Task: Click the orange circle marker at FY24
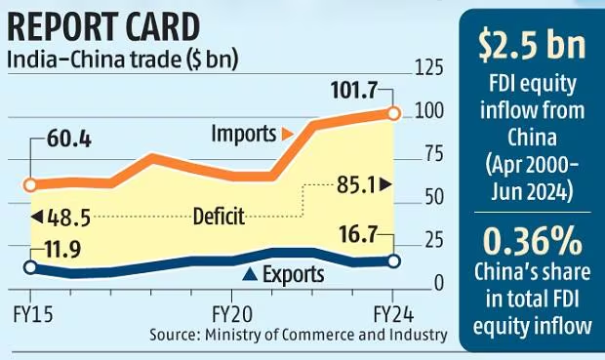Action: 393,114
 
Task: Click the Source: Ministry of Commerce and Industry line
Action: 299,335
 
